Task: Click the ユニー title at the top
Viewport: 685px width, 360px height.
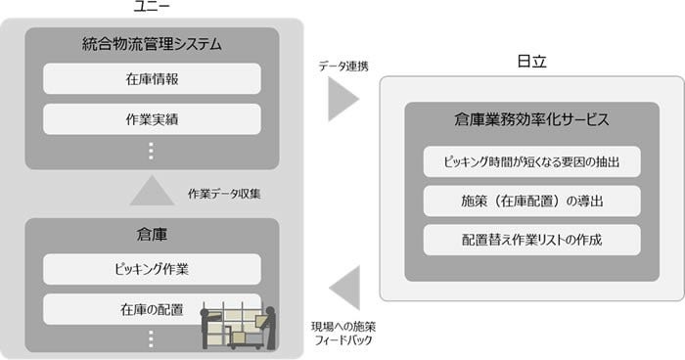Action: coord(152,8)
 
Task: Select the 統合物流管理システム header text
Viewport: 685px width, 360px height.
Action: coord(152,44)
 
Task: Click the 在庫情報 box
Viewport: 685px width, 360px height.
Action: coord(152,78)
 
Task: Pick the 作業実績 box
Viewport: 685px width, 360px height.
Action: coord(152,118)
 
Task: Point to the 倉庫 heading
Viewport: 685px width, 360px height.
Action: coord(152,235)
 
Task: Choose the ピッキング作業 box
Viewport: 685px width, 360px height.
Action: coord(152,269)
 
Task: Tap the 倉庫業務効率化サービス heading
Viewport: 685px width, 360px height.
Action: coord(531,120)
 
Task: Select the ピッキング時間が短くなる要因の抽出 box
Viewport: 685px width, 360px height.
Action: coord(531,161)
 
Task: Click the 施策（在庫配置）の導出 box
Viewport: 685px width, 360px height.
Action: coord(531,201)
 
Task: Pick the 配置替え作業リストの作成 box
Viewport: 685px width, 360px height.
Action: coord(531,240)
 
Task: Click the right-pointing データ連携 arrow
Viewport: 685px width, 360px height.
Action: coord(342,99)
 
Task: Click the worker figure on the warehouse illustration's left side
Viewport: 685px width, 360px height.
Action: coord(206,328)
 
